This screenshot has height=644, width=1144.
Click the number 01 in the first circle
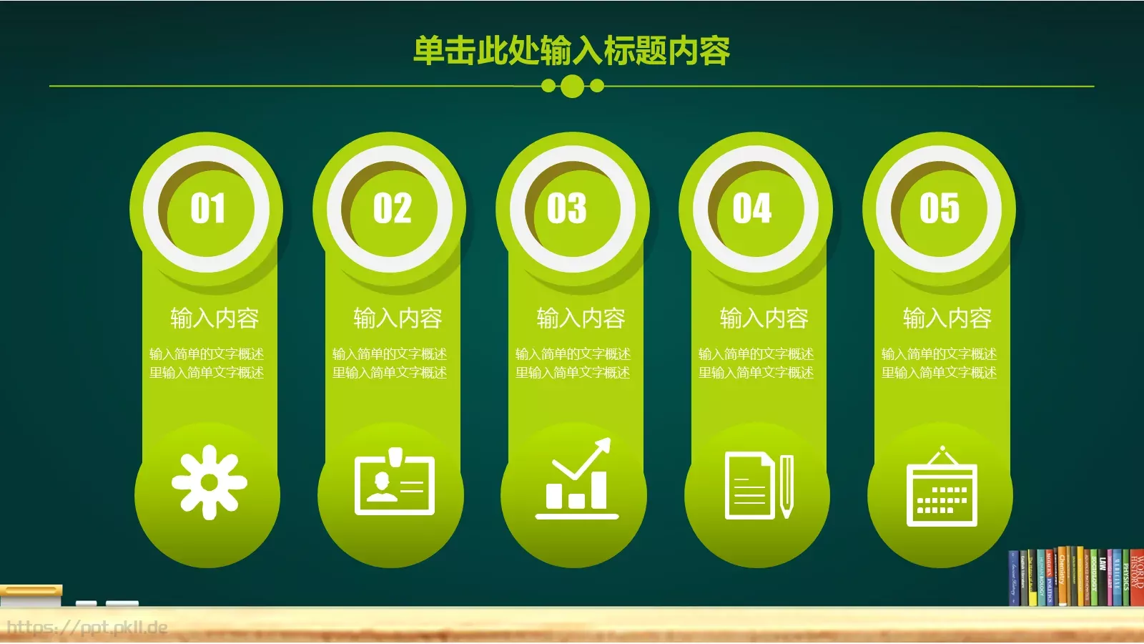point(207,208)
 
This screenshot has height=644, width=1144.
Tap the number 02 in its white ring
point(392,208)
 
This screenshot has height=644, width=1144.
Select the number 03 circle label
point(567,208)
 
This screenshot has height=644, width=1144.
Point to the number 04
point(751,208)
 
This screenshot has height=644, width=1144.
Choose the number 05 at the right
point(939,208)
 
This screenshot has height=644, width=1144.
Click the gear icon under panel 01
point(209,482)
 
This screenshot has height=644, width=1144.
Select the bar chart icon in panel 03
point(577,479)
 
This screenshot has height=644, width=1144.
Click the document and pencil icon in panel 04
point(759,485)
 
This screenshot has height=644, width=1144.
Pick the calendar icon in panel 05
point(942,488)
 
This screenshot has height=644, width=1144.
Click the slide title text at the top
point(572,51)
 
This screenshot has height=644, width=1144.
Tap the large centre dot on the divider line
point(572,87)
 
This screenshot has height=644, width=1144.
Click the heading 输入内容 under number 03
point(581,318)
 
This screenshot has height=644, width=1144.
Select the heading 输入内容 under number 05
point(947,318)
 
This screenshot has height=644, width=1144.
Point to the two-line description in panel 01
point(207,364)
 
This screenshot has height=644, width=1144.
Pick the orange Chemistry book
point(1062,577)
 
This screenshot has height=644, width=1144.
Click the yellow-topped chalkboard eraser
point(31,595)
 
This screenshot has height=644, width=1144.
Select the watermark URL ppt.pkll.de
point(87,628)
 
